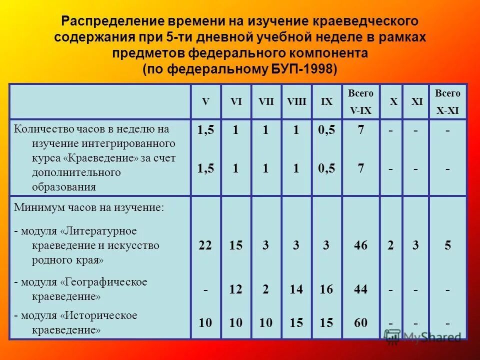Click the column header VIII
pos(296,101)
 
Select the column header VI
pos(236,101)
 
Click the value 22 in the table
pos(205,245)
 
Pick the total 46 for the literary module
pos(360,245)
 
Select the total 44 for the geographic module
pos(360,289)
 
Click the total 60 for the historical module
pos(360,323)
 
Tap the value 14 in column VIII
pos(296,289)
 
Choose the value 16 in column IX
pos(326,289)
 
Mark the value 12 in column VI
pos(236,289)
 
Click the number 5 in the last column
pos(447,245)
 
